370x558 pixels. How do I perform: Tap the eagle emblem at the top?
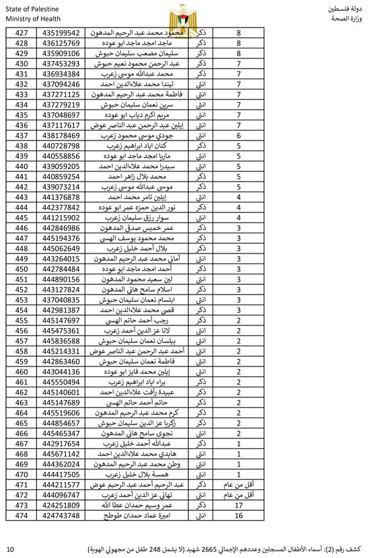tap(185, 13)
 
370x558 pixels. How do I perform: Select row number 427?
tap(22, 32)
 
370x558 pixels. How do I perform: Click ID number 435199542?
tap(61, 32)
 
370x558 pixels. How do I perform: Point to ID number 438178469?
tap(61, 135)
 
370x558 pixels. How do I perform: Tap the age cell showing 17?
tap(238, 505)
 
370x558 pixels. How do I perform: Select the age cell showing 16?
tap(238, 516)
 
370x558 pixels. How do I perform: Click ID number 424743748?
tap(61, 516)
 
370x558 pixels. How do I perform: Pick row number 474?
tap(22, 516)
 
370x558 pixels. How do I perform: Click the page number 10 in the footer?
tap(9, 549)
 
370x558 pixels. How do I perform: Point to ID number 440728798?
tap(61, 146)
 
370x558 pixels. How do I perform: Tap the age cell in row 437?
tap(238, 135)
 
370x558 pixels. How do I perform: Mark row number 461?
tap(22, 381)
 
